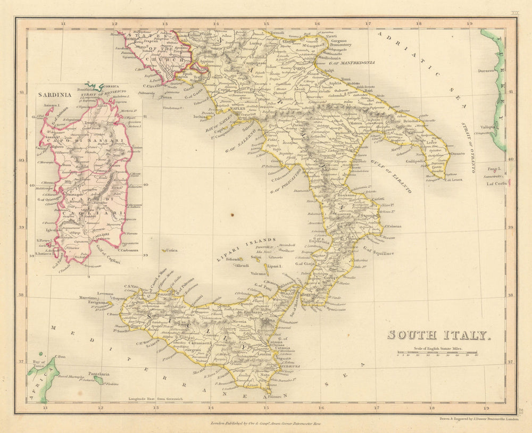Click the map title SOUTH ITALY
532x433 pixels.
437,335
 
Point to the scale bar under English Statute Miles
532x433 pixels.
437,353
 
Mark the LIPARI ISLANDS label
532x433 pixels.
246,249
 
